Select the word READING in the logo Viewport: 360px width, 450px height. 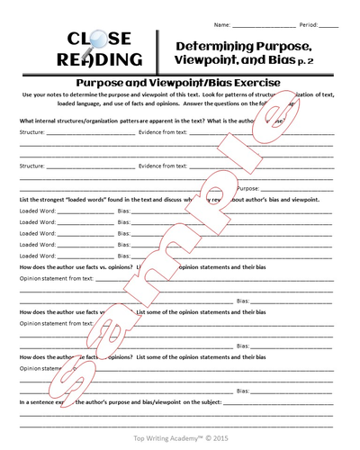pos(98,60)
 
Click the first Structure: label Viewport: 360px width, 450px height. pos(32,131)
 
